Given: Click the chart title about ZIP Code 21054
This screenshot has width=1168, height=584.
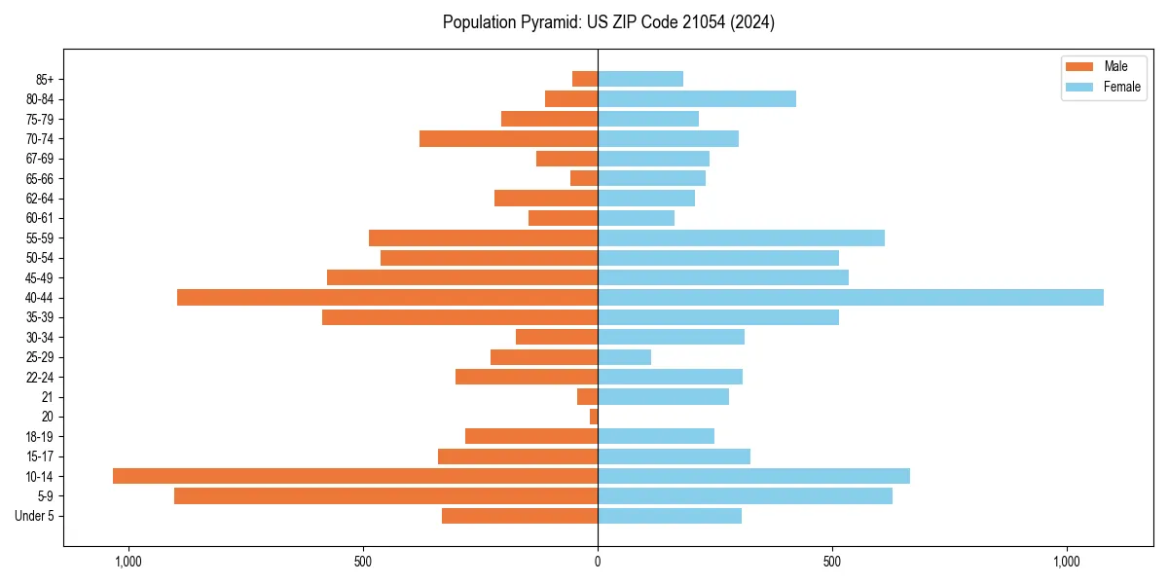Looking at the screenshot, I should (608, 22).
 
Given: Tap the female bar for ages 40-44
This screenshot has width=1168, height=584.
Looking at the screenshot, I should (851, 297).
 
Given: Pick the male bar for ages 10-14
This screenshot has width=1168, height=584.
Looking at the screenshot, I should (355, 476).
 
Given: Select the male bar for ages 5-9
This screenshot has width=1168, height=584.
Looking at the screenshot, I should (385, 495).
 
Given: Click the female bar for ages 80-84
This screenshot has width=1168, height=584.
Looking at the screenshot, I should (697, 98).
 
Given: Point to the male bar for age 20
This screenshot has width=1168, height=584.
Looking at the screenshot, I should (594, 417).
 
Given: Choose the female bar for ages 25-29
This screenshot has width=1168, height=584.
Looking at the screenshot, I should (624, 357).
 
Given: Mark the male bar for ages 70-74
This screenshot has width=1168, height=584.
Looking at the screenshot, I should (508, 138).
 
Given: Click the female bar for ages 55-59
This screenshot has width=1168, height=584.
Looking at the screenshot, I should (741, 237).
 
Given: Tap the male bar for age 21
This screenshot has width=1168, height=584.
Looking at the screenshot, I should (587, 396).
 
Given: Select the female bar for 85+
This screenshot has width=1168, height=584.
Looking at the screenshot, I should (640, 79).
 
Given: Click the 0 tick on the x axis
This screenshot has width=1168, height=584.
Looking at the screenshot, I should (598, 562).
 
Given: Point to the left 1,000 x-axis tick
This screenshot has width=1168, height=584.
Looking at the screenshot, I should (128, 562).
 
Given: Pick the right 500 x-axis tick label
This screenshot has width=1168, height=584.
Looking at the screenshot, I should (832, 562).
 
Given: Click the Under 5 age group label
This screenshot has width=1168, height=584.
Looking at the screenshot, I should (34, 516).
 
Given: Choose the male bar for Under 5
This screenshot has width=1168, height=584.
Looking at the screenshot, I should (520, 516).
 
